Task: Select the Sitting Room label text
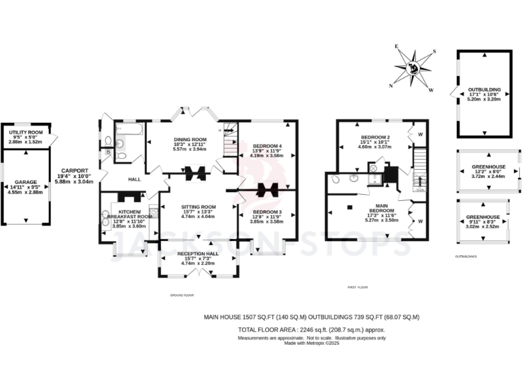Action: point(198,206)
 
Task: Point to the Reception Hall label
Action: point(198,253)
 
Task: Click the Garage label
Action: point(26,183)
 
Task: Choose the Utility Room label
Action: point(26,132)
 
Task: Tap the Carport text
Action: point(75,170)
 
